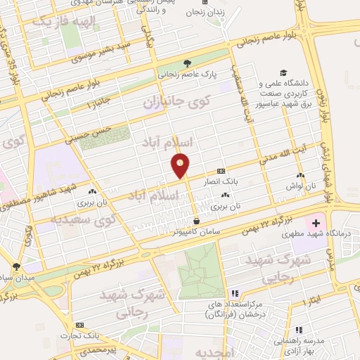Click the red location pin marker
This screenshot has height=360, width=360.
point(181,165)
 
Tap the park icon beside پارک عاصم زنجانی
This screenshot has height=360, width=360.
point(187,63)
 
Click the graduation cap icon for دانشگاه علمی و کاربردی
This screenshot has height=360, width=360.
point(283,72)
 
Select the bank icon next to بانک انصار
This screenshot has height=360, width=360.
point(221,171)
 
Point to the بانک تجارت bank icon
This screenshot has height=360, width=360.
point(79,325)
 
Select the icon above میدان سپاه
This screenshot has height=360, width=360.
point(16,266)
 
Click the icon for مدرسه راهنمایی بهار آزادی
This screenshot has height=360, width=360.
point(300,329)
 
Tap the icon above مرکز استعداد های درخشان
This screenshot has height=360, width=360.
point(235,293)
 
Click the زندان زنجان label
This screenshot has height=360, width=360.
point(205,13)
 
